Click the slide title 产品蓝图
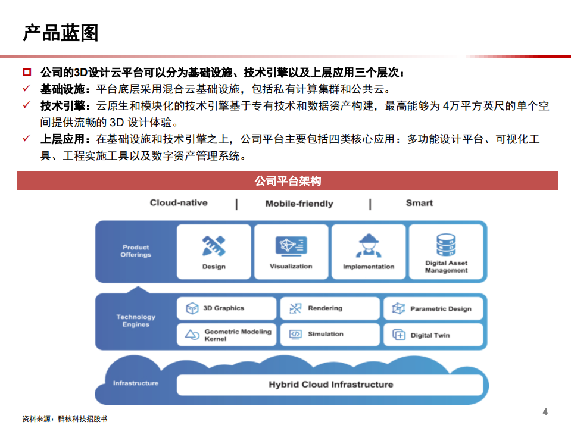[61, 33]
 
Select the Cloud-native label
[179, 203]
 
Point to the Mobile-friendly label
[299, 204]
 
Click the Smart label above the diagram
[419, 203]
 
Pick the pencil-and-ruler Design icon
[214, 246]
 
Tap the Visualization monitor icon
[291, 246]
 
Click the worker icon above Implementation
[369, 246]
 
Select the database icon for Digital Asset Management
[446, 244]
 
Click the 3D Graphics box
[227, 308]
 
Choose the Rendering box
[329, 308]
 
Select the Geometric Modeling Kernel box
[227, 335]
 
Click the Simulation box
[329, 335]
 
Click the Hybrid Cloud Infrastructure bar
[330, 385]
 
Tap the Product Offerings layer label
[136, 251]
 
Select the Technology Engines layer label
[136, 321]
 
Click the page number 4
[545, 412]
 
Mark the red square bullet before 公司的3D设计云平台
[27, 73]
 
